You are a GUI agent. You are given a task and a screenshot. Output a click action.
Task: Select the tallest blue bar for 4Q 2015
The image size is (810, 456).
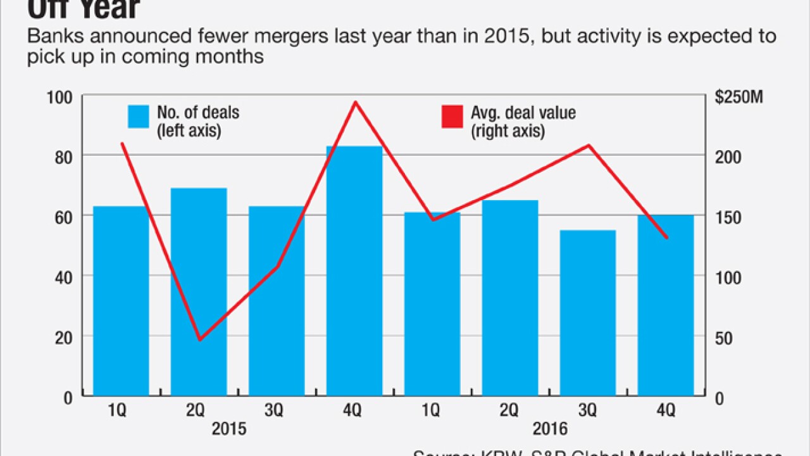coord(354,272)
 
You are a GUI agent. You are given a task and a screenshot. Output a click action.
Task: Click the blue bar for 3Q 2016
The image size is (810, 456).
coord(588,313)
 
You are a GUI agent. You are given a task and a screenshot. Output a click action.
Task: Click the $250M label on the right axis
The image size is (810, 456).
coord(739,98)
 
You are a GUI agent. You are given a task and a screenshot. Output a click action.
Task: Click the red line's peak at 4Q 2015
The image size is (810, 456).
coord(356,102)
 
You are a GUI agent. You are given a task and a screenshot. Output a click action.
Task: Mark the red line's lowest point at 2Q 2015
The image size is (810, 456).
coord(200,339)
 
